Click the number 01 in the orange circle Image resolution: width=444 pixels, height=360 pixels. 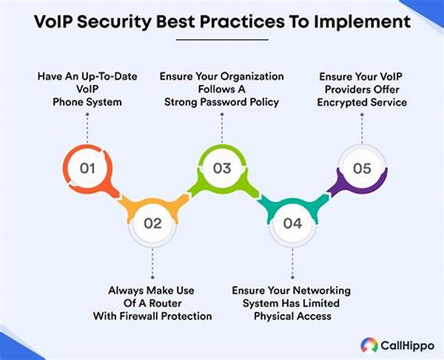(87, 169)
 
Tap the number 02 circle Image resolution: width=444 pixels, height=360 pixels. (152, 224)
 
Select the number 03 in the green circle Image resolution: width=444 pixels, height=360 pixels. (222, 169)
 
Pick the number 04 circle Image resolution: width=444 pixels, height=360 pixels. (292, 224)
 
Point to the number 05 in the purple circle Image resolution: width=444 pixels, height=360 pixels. (362, 169)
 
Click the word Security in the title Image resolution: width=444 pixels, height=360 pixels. (114, 21)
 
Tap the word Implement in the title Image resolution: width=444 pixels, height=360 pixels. (362, 21)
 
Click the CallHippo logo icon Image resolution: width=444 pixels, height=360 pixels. (369, 345)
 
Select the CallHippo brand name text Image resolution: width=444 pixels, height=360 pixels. (407, 345)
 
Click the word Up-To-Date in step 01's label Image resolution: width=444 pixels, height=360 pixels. (110, 76)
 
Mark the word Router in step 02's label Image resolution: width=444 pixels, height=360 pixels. (165, 303)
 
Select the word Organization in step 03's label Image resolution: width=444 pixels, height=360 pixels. (252, 76)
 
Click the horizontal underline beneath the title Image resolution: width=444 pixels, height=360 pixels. (222, 40)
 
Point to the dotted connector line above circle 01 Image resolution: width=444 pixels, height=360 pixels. (87, 128)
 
